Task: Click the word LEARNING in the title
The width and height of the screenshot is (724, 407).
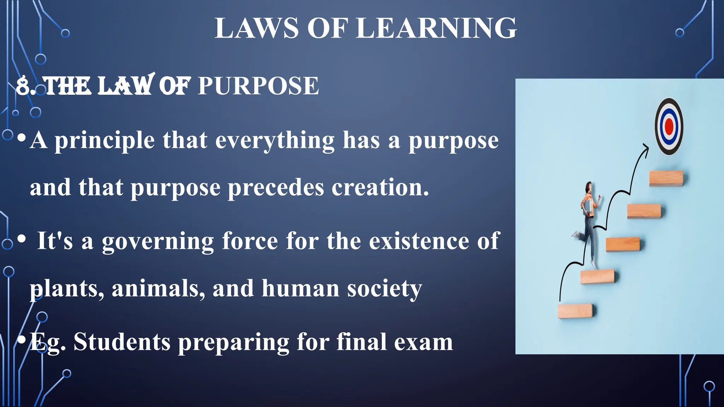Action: [x=436, y=28]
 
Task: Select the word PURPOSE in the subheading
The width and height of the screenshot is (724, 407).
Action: [x=258, y=86]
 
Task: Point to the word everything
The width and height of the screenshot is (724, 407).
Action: [x=275, y=141]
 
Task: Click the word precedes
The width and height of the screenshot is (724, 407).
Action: [x=276, y=188]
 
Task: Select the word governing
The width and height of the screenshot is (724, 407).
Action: [x=158, y=242]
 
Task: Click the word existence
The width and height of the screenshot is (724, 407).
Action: [x=419, y=241]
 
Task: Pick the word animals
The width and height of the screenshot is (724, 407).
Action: [x=158, y=289]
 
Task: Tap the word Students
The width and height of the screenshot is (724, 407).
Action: [x=122, y=342]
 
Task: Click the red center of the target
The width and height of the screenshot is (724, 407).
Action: [x=669, y=126]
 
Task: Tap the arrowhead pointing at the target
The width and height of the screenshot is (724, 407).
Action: [x=646, y=147]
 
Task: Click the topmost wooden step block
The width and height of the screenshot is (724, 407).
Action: [x=666, y=178]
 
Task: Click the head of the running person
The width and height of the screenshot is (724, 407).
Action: [x=589, y=187]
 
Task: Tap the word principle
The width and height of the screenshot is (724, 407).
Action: [x=104, y=141]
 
